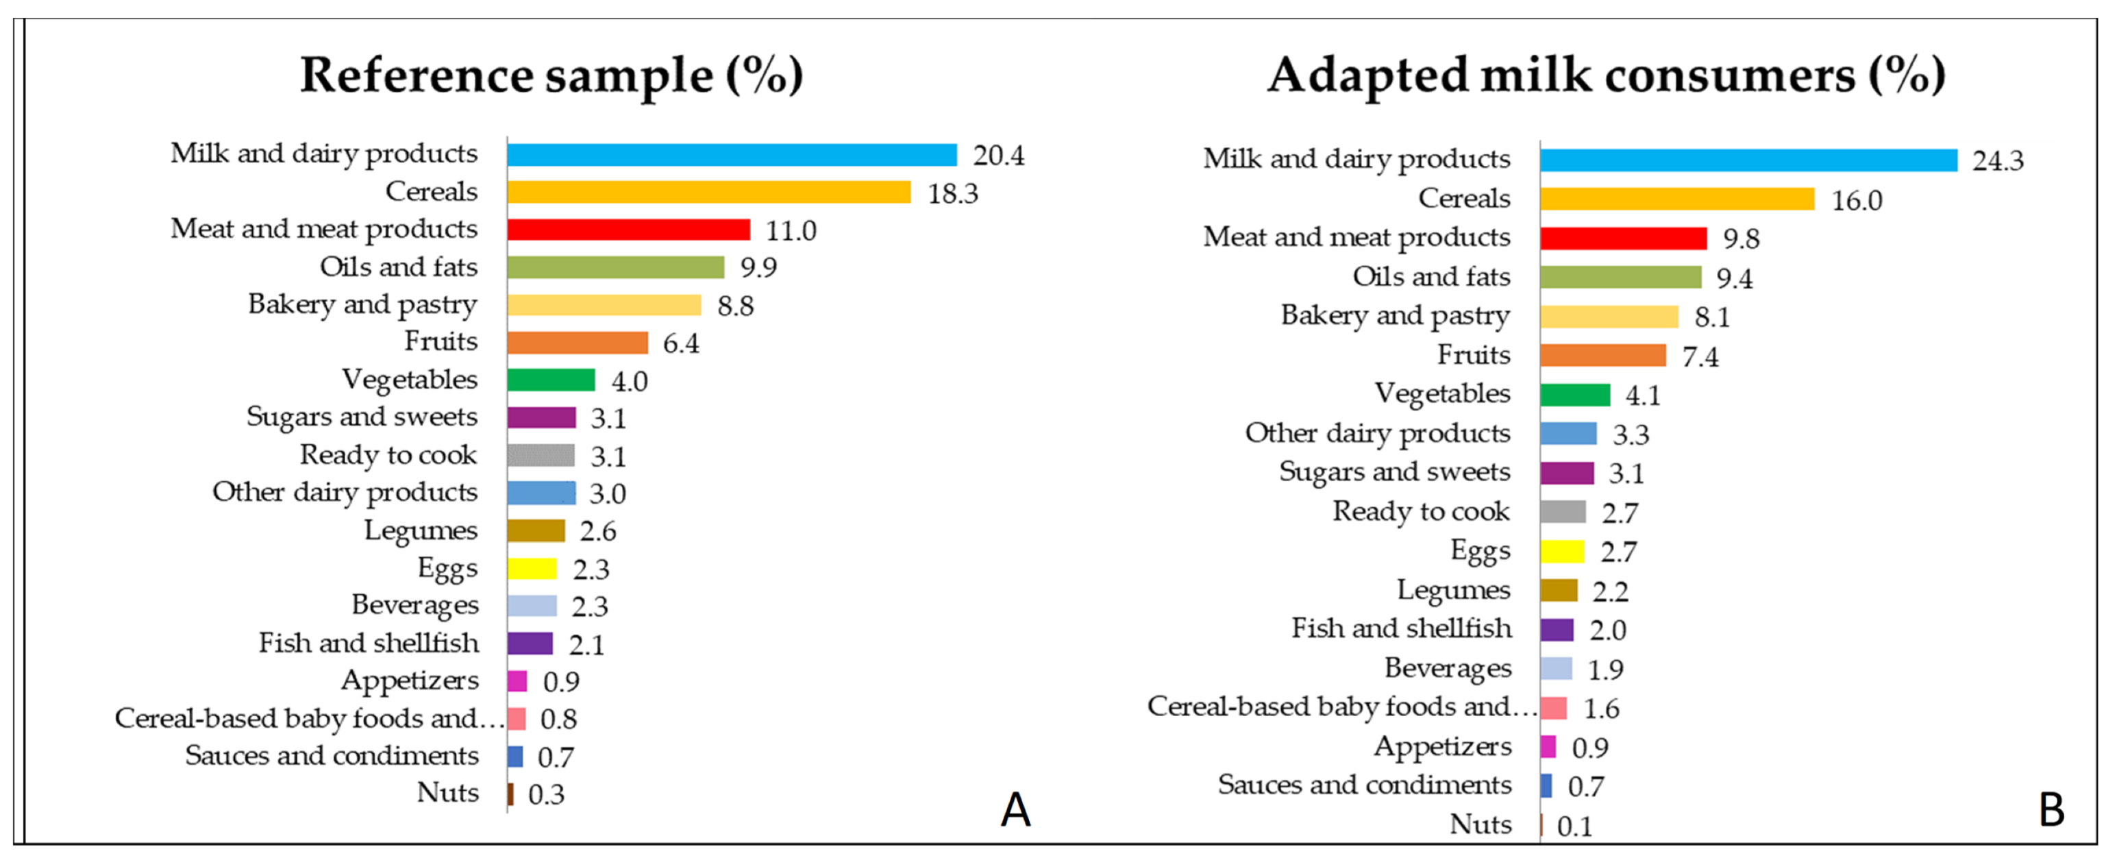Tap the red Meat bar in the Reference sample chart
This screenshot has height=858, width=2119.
click(628, 230)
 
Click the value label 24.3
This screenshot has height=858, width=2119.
click(1997, 160)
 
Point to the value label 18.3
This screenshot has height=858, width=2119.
click(952, 193)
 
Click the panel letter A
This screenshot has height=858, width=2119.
click(1015, 809)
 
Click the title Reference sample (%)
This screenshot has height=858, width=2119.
click(551, 75)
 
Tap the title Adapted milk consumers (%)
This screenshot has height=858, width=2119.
click(1606, 75)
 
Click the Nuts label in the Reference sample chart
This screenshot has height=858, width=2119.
click(447, 792)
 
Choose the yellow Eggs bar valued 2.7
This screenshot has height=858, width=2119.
click(1562, 551)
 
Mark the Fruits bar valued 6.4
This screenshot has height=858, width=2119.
click(578, 342)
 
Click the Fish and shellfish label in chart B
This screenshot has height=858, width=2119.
click(1401, 628)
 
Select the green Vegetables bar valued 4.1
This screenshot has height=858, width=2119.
click(1574, 395)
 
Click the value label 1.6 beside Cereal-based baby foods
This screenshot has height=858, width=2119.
click(1601, 709)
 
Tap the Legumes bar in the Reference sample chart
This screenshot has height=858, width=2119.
click(536, 530)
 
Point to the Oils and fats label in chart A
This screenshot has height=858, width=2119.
click(398, 267)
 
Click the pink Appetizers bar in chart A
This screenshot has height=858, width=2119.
click(517, 681)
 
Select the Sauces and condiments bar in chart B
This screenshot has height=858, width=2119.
click(1546, 785)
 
